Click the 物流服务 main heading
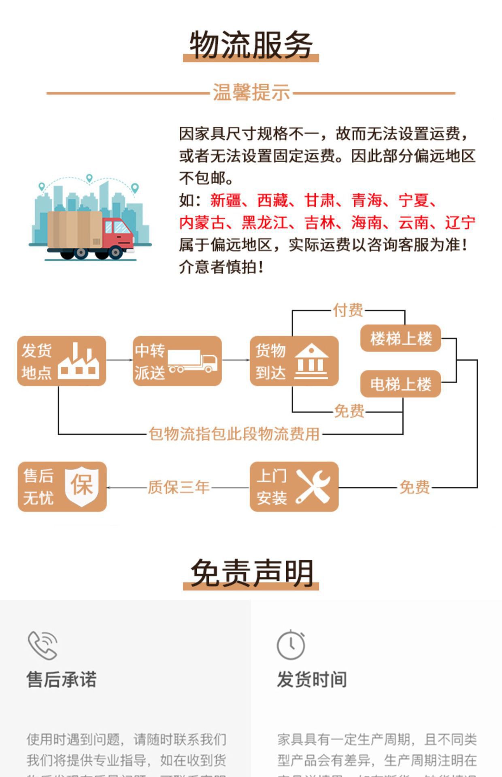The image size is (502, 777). [x=251, y=45]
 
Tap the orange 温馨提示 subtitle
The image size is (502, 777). [x=251, y=93]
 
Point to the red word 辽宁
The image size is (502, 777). [x=460, y=223]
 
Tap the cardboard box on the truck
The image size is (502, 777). [x=74, y=229]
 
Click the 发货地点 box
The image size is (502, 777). [x=62, y=361]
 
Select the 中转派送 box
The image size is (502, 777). [x=177, y=361]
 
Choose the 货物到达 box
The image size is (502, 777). [x=294, y=361]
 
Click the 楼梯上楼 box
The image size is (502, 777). [x=400, y=338]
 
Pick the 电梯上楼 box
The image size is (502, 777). [x=400, y=384]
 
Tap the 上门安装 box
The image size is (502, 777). [x=294, y=486]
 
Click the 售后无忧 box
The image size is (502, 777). [x=62, y=486]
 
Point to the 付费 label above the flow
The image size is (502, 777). [x=348, y=310]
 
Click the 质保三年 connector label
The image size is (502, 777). [x=179, y=487]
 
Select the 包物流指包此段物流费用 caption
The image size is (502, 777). [x=234, y=434]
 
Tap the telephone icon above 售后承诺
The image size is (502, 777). [x=43, y=645]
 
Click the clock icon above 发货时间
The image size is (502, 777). [x=291, y=645]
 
